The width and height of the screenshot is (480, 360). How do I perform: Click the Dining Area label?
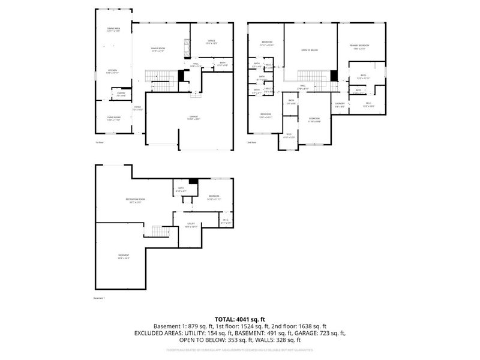point(113,28)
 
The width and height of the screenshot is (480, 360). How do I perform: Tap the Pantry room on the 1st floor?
point(121,94)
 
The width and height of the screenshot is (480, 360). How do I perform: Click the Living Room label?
point(113,118)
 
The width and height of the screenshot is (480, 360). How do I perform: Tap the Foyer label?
point(137,108)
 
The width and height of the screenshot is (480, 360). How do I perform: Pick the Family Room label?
point(158,49)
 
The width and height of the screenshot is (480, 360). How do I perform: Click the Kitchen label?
point(113,71)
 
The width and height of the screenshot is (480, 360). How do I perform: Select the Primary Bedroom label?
point(360,46)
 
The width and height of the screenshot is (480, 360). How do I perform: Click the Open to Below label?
point(310,50)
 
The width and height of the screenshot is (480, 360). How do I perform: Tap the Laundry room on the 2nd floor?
point(340,106)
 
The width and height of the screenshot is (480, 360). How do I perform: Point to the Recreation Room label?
point(136,200)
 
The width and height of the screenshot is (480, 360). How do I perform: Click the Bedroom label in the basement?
point(214,197)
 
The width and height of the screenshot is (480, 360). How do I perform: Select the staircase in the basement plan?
point(159,231)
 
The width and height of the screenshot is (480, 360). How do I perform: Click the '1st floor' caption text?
point(99,142)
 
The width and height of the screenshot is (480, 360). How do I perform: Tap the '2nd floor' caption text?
point(251,142)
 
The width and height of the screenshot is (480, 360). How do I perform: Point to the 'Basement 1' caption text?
point(99,298)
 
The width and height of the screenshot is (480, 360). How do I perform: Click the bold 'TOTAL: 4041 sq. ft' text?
point(240,319)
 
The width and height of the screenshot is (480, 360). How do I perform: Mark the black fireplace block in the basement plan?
point(193,182)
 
